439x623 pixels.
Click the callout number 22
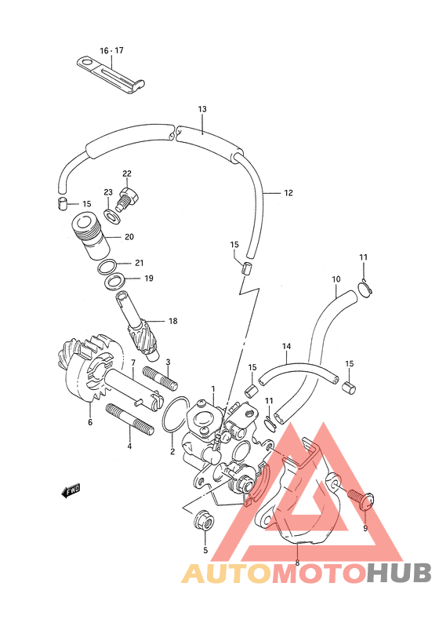coord(127,173)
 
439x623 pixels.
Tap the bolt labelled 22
coord(127,199)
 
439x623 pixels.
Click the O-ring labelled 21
coord(107,267)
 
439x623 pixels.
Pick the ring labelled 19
coord(115,282)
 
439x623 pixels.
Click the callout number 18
coord(173,321)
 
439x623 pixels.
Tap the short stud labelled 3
coord(159,377)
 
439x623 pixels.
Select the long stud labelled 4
coord(129,419)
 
